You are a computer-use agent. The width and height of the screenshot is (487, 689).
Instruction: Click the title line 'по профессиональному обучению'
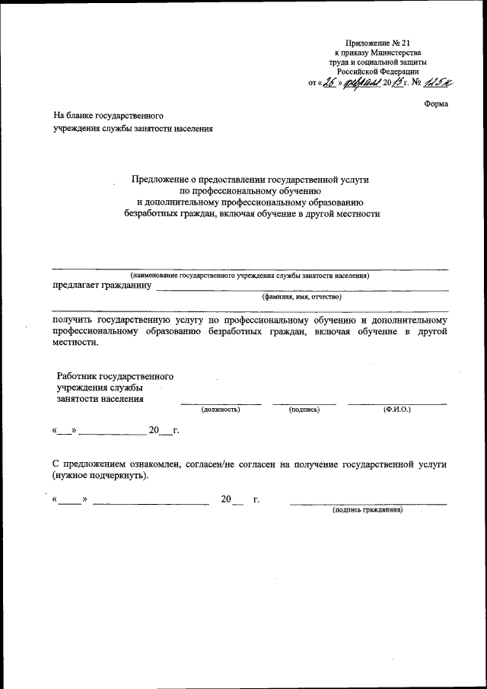(251, 190)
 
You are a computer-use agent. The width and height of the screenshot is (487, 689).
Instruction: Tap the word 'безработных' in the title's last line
(151, 215)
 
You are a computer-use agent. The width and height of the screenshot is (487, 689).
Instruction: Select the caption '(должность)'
(220, 410)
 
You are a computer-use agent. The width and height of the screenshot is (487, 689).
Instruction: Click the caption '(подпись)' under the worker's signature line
(304, 410)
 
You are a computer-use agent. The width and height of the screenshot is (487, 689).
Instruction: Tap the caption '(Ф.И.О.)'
(397, 410)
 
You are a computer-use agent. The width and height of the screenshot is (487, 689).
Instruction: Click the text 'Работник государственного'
(116, 376)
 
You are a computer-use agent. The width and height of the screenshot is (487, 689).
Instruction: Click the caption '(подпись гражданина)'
(368, 510)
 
